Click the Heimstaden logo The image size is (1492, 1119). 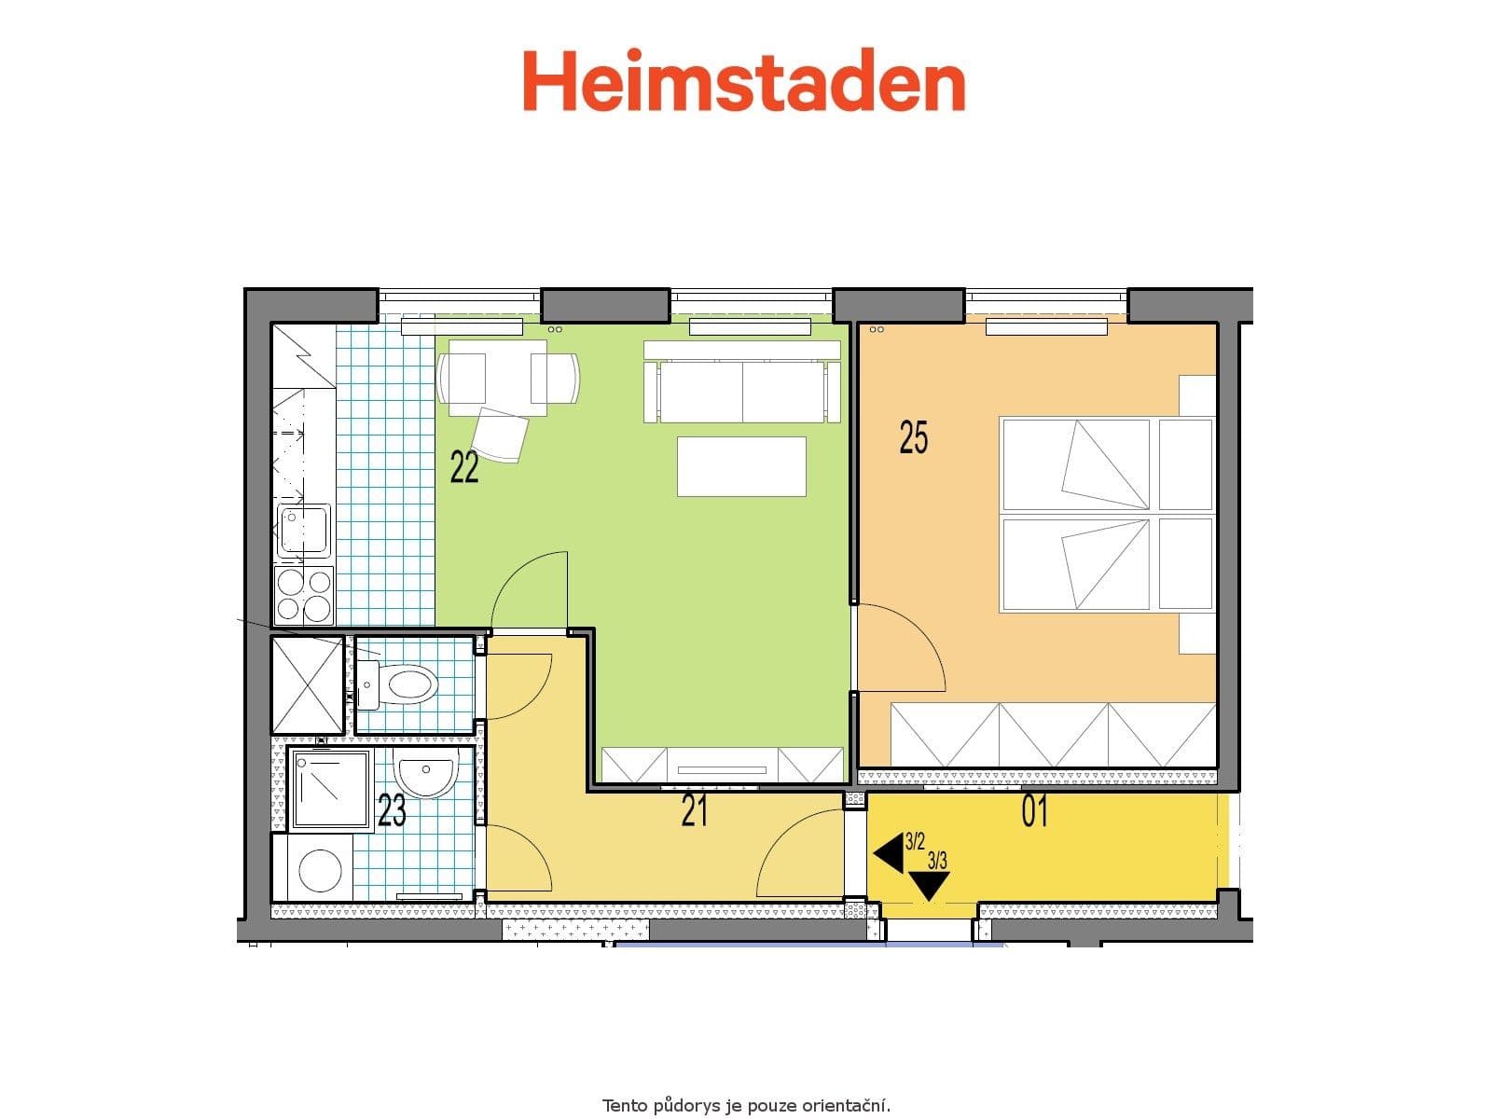(x=743, y=82)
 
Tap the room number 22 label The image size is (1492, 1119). (x=464, y=467)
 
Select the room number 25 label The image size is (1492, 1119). (x=913, y=436)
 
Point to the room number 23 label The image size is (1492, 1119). (x=392, y=810)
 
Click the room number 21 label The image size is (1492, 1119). (x=695, y=811)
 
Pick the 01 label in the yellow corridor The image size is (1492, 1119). (x=1034, y=811)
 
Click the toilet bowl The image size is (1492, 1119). (x=410, y=684)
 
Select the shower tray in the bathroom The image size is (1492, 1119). (x=331, y=789)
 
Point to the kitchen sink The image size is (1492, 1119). (x=304, y=530)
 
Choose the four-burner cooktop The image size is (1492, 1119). (x=304, y=595)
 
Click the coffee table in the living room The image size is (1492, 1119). (x=741, y=466)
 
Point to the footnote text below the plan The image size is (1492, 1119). (x=746, y=1106)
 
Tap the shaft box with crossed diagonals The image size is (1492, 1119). (x=308, y=684)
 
